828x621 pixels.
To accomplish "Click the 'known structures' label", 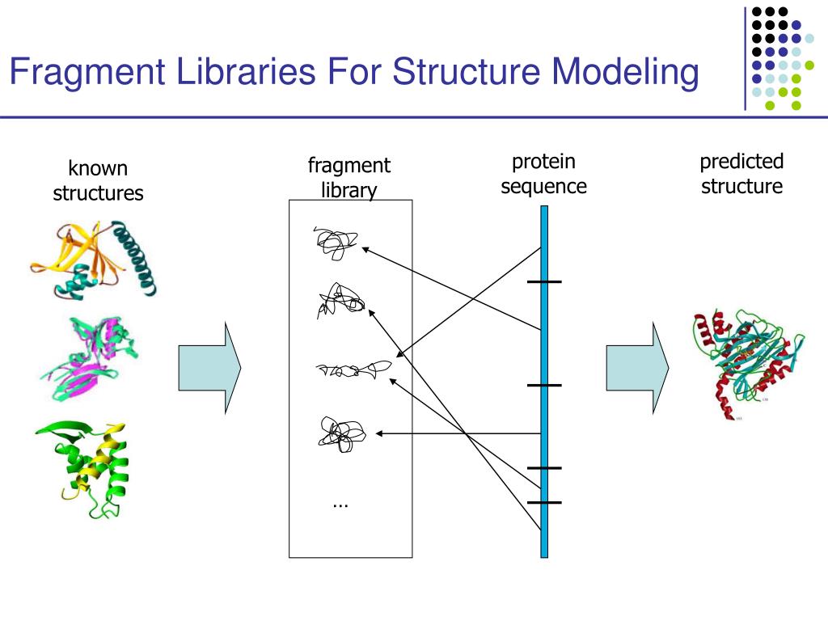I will [x=98, y=181].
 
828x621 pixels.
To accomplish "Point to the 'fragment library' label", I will [x=349, y=178].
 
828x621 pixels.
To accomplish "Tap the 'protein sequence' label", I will [x=543, y=174].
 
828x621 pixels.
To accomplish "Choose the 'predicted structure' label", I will [x=741, y=174].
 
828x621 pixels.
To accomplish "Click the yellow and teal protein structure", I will [x=95, y=259].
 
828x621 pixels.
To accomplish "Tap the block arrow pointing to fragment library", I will [x=209, y=368].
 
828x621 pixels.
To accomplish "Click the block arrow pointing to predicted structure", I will [x=638, y=368].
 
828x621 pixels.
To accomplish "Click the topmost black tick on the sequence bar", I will [x=544, y=281].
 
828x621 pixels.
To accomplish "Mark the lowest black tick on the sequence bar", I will [x=544, y=502].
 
